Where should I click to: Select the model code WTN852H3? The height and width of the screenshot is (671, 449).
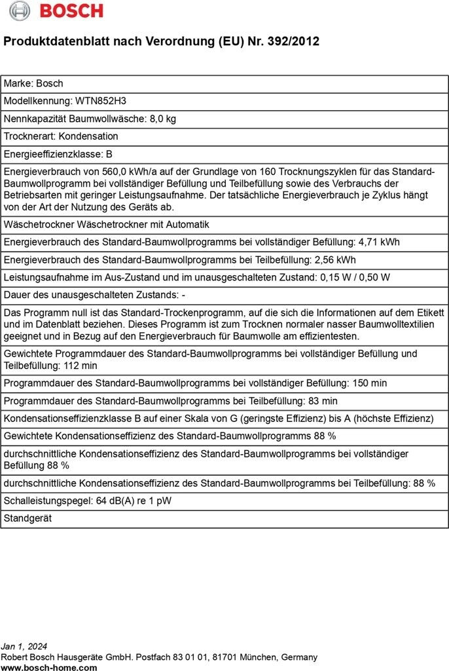click(101, 101)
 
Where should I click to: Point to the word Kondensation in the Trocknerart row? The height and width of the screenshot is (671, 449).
click(88, 136)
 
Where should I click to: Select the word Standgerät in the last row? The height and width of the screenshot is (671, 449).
click(28, 518)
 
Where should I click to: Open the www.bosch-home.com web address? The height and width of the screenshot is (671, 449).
click(49, 667)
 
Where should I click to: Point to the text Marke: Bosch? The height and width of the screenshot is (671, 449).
click(34, 83)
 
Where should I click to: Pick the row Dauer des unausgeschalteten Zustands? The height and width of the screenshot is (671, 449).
click(95, 295)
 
